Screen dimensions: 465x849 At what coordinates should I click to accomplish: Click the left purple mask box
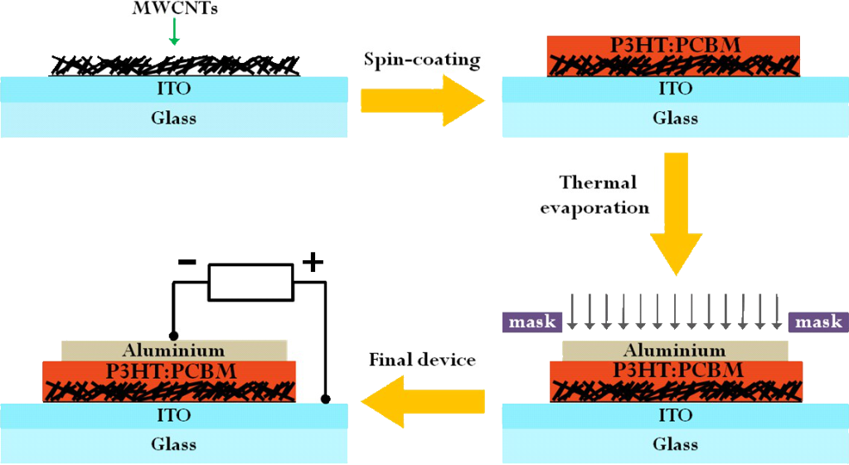coord(531,322)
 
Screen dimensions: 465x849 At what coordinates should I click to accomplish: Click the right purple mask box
coord(817,322)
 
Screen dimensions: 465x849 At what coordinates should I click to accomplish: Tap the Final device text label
coord(421,360)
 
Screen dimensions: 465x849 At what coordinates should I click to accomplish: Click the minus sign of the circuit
coord(187,264)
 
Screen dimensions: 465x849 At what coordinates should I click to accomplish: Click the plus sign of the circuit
coord(313,264)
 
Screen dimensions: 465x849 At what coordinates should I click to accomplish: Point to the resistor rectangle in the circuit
coord(250,283)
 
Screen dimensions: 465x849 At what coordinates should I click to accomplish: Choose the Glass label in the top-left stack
coord(173,118)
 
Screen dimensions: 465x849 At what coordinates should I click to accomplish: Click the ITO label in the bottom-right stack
coord(675,415)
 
